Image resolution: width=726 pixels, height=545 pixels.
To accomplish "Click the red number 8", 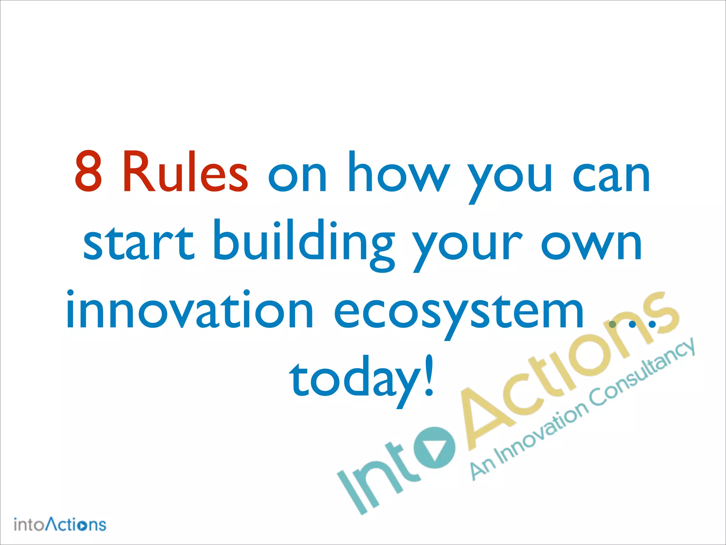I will click(89, 171).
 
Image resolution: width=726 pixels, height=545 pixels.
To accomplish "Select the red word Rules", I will click(185, 171).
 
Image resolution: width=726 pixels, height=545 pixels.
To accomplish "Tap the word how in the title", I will click(399, 172).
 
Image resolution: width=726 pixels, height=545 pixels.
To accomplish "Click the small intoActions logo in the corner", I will click(60, 524).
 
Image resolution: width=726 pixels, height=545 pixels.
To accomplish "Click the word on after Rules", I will click(297, 176).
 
